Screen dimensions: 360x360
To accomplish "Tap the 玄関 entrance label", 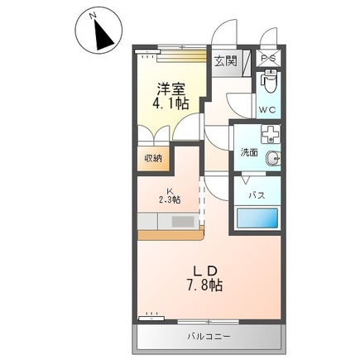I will click(x=225, y=60).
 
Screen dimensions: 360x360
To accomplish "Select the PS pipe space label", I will click(x=269, y=60).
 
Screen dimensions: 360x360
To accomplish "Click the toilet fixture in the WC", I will click(x=269, y=84).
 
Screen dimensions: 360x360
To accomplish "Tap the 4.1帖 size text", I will click(x=170, y=104).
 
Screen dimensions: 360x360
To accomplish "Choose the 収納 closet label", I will click(x=154, y=158).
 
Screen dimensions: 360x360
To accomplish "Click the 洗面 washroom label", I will click(x=249, y=153).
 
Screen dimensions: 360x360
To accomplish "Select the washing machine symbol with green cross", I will click(x=270, y=135).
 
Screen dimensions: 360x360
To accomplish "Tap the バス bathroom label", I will click(x=257, y=195).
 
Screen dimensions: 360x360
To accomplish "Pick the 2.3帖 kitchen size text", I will click(x=170, y=199).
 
